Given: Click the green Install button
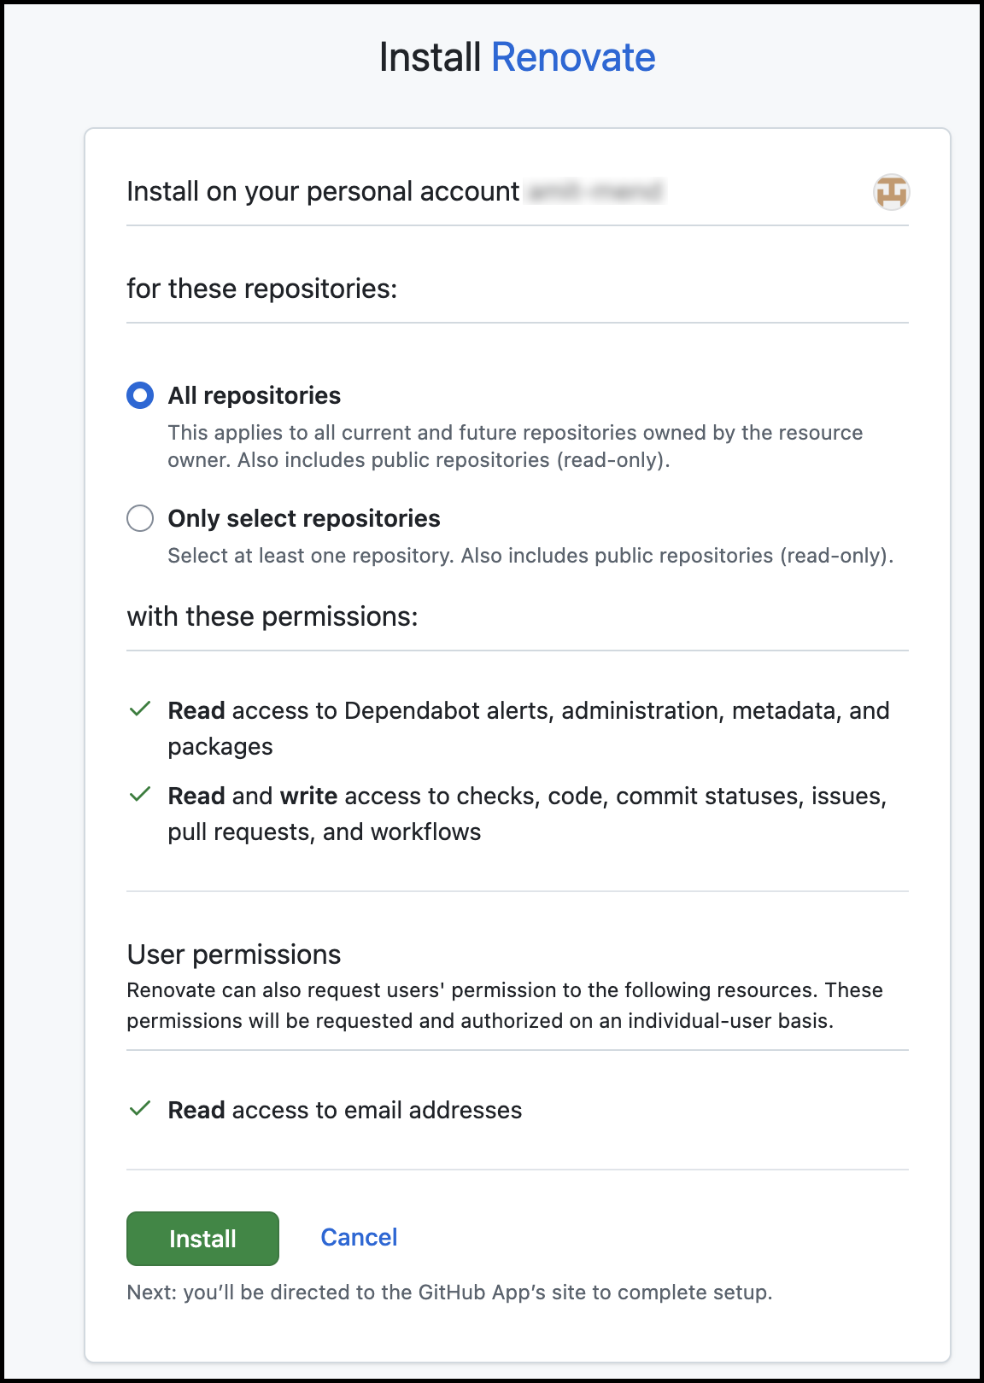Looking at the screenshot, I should click(202, 1238).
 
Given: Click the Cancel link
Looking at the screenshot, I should click(359, 1237).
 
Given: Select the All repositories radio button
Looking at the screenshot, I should click(140, 395).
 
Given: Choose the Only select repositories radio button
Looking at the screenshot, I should click(140, 518).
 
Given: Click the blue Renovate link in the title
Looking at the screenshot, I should click(573, 58).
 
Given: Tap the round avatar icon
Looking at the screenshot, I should click(891, 192).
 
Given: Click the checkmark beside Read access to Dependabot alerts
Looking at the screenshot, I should click(140, 709).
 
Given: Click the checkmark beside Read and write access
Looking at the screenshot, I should click(140, 795).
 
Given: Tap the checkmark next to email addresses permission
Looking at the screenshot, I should click(140, 1109).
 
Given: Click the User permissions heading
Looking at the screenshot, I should click(234, 954).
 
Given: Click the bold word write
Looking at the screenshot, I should click(308, 796).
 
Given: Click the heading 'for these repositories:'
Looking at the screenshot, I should click(262, 289).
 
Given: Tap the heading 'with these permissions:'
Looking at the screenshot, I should click(272, 616).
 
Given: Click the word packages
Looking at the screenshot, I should click(220, 747).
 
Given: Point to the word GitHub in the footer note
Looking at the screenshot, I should click(451, 1293).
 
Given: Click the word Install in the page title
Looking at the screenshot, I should click(430, 58).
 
